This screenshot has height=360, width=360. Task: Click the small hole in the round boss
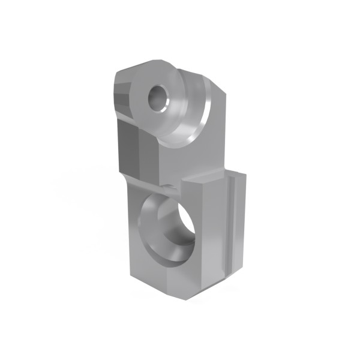tap(159, 98)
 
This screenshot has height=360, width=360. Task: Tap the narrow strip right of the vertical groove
tap(239, 222)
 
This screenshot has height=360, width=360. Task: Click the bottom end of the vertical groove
tap(229, 277)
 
